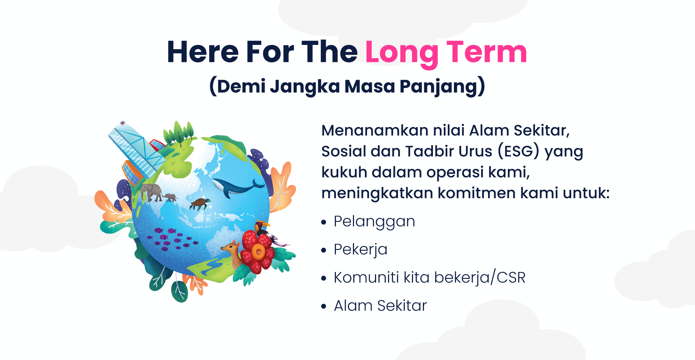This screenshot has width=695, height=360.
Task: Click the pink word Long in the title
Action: (402, 53)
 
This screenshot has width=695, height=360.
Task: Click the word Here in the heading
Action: (202, 53)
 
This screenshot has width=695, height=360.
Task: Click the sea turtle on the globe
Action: (199, 203)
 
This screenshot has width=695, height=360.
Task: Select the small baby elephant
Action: (170, 197)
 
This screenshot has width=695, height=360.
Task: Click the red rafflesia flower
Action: (257, 251)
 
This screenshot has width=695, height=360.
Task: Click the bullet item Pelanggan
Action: (374, 222)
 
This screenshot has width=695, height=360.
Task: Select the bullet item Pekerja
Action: (360, 250)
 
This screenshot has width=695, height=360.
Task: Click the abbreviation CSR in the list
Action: (511, 278)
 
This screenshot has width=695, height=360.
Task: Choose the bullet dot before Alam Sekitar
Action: (324, 306)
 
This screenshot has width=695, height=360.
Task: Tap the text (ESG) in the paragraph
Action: (518, 151)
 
